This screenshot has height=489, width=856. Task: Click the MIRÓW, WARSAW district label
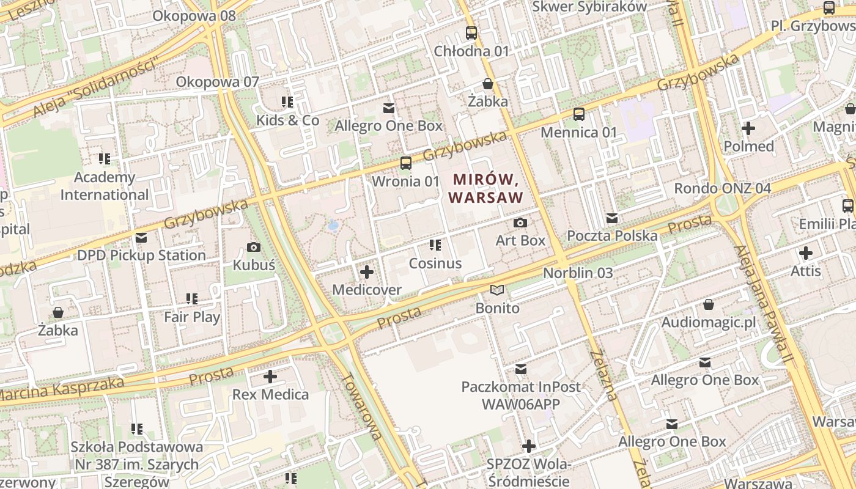pos(487,188)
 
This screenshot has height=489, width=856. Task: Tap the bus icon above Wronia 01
pos(405,163)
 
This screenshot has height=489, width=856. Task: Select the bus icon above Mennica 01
pos(578,114)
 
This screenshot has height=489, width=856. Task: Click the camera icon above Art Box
pos(520,223)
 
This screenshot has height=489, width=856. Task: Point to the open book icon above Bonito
pos(498,290)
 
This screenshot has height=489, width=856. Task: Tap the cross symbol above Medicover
pos(367,272)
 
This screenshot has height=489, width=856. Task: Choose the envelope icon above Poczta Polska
pos(612,218)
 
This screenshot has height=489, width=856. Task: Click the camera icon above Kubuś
pos(253,248)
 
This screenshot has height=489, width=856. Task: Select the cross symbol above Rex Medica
pos(270,377)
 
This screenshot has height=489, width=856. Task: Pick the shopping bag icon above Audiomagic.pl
pos(709,304)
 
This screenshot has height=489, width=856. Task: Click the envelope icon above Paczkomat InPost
pos(521,369)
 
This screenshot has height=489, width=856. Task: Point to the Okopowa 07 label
pos(218,82)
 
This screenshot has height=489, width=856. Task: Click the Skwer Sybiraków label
pos(589,7)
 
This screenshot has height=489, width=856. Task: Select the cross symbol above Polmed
pos(748,128)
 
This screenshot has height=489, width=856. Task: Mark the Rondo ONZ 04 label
pos(722,188)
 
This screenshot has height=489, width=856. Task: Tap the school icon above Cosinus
pos(435,246)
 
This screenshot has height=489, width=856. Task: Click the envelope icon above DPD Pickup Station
pos(141,238)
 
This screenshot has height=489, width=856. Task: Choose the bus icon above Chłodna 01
pos(471,33)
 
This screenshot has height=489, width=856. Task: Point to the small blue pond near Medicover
pos(333,226)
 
